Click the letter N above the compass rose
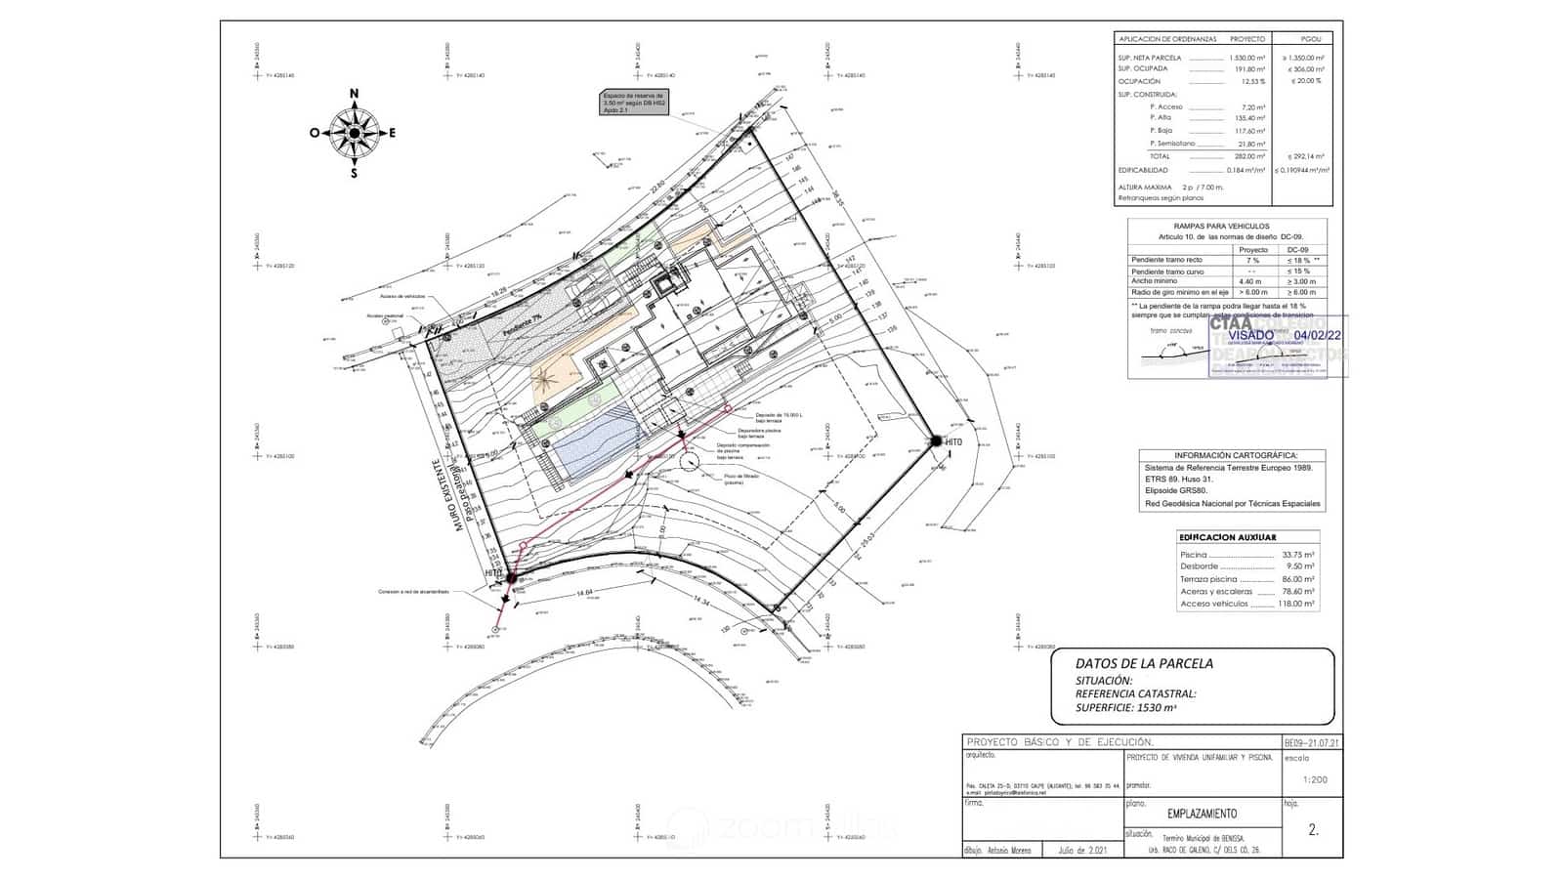pos(354,94)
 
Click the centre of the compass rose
pos(354,133)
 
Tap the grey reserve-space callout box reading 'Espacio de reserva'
pos(634,103)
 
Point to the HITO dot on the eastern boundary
pos(936,441)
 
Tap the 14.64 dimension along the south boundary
pos(584,593)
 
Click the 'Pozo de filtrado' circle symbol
pos(691,462)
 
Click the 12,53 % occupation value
pos(1253,82)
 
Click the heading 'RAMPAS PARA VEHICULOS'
pos(1227,227)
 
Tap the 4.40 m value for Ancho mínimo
pos(1249,282)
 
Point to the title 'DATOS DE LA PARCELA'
pos(1144,663)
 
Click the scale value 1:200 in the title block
pos(1316,780)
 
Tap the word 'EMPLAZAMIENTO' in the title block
pos(1202,814)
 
